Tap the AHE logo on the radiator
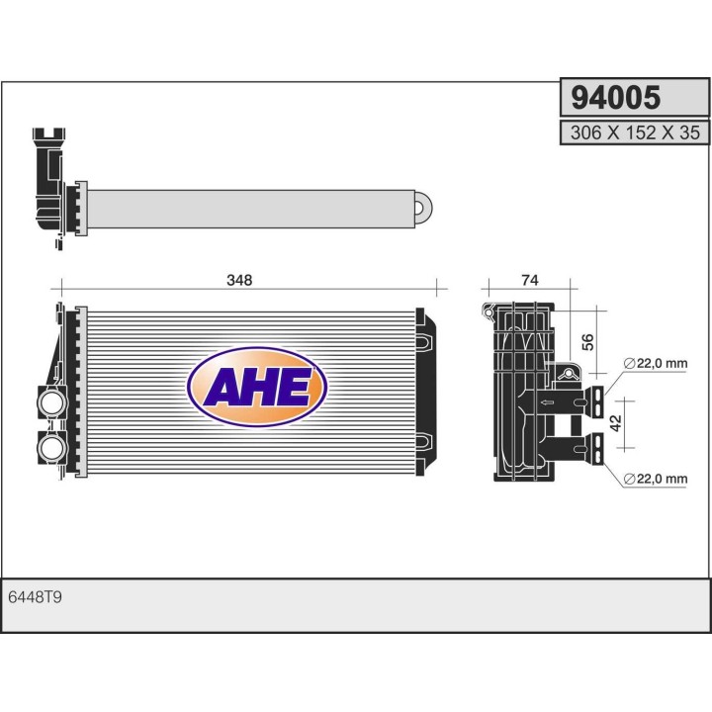pyautogui.click(x=257, y=387)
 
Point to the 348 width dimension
pyautogui.click(x=239, y=280)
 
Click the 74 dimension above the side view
pyautogui.click(x=529, y=280)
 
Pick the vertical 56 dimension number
pyautogui.click(x=586, y=341)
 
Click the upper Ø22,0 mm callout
pyautogui.click(x=655, y=363)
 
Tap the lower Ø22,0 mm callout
pyautogui.click(x=655, y=480)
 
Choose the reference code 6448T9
pyautogui.click(x=36, y=598)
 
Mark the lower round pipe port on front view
pyautogui.click(x=48, y=450)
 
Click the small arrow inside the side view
pyautogui.click(x=546, y=402)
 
